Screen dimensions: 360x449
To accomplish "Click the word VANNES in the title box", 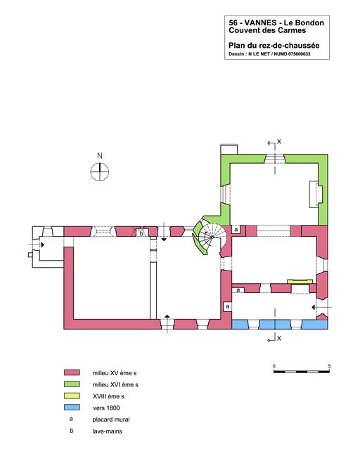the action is click(261, 22).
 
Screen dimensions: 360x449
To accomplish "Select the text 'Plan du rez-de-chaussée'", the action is click(274, 45).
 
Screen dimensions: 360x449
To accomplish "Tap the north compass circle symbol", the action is click(99, 172).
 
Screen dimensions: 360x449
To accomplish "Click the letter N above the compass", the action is click(100, 156).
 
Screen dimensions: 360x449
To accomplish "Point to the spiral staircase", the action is click(212, 237).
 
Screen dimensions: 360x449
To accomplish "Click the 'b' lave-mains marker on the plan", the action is click(141, 234).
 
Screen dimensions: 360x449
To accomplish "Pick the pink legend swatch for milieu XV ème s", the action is click(72, 372).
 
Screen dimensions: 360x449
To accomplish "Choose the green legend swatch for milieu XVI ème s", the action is click(72, 384).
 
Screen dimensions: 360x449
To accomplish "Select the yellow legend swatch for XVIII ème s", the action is click(72, 396).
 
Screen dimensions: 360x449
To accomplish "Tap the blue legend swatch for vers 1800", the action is click(72, 408).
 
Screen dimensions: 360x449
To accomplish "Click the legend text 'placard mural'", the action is click(111, 419).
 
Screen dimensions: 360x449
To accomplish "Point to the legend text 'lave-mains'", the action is click(107, 431).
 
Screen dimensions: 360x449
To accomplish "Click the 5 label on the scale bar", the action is click(329, 366).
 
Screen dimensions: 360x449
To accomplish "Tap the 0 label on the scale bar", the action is click(274, 366).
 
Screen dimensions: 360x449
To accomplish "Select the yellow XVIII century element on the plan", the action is click(300, 282).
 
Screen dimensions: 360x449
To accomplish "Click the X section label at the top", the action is click(279, 141).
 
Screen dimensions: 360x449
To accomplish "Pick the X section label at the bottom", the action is click(279, 339).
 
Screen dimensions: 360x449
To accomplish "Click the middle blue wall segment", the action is click(275, 324).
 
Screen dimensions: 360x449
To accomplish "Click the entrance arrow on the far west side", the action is click(37, 245).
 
